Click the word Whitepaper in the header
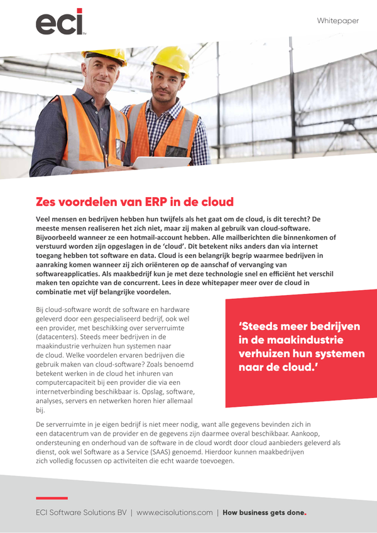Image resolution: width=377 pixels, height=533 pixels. [337, 21]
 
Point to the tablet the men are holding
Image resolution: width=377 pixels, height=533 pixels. [153, 163]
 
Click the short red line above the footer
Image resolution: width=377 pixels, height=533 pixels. [52, 498]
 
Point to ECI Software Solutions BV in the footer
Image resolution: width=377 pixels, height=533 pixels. [81, 512]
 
